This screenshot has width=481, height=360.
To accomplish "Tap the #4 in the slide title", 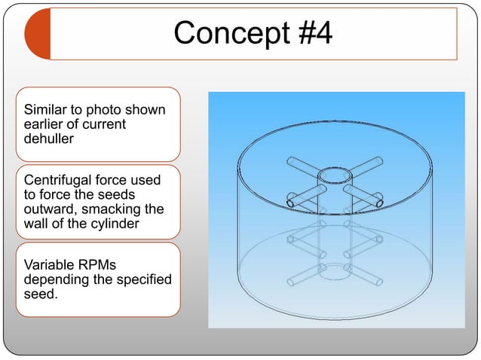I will [x=309, y=33].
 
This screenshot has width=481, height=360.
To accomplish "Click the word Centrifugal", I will [x=60, y=180].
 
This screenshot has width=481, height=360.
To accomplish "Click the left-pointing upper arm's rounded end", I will [x=290, y=203].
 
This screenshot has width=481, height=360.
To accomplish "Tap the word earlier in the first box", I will [x=45, y=124].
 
